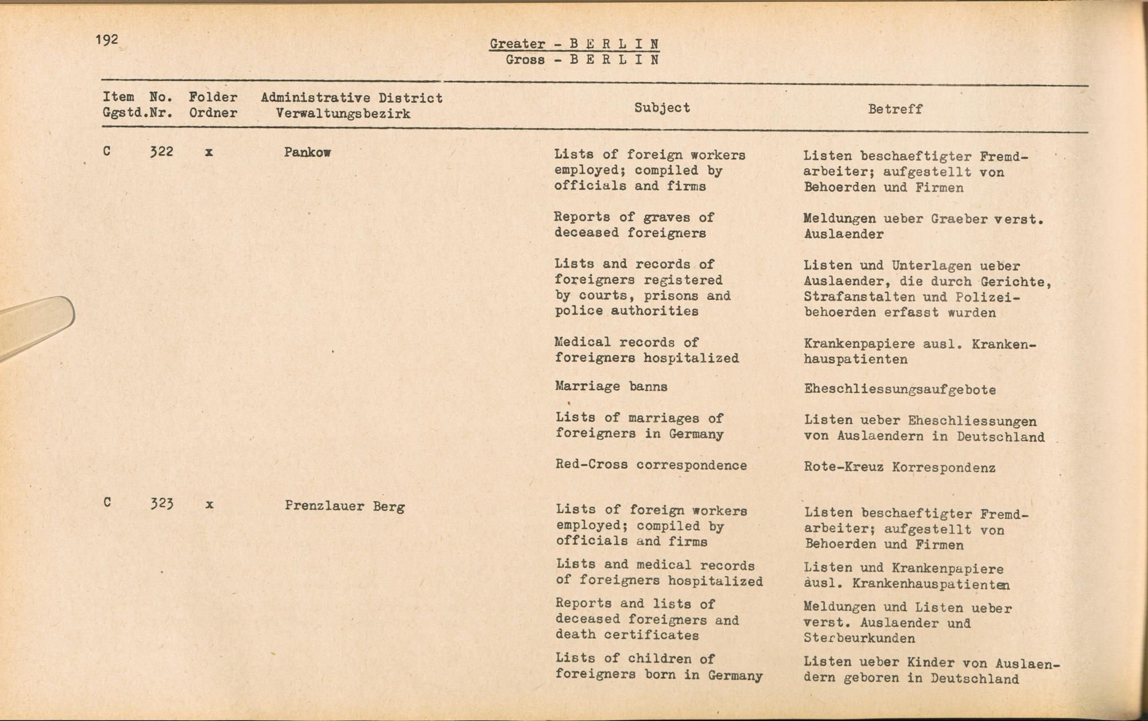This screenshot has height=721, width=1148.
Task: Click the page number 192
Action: point(107,40)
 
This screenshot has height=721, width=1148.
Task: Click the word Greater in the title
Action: point(517,44)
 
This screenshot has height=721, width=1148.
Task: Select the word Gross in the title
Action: point(525,60)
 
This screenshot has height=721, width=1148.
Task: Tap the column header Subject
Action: point(662,107)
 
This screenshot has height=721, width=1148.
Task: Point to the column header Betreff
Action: point(895,109)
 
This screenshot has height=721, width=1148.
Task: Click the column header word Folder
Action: point(213,97)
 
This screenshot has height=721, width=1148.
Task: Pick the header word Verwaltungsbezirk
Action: point(343,113)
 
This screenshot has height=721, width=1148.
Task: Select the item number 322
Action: point(161,152)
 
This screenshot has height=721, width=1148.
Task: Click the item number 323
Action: point(162,504)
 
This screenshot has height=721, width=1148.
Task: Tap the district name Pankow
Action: point(307,153)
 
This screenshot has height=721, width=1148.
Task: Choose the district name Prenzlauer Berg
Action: point(344,506)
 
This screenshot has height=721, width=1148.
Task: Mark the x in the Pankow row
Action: point(209,153)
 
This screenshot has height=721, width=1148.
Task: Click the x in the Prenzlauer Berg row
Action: point(210,505)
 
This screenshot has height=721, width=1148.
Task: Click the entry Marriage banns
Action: point(611,386)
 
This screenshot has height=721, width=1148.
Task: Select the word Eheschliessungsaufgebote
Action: point(899,390)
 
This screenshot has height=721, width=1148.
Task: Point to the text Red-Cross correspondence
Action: point(651,465)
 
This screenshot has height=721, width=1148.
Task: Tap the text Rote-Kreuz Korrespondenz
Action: point(899,468)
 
